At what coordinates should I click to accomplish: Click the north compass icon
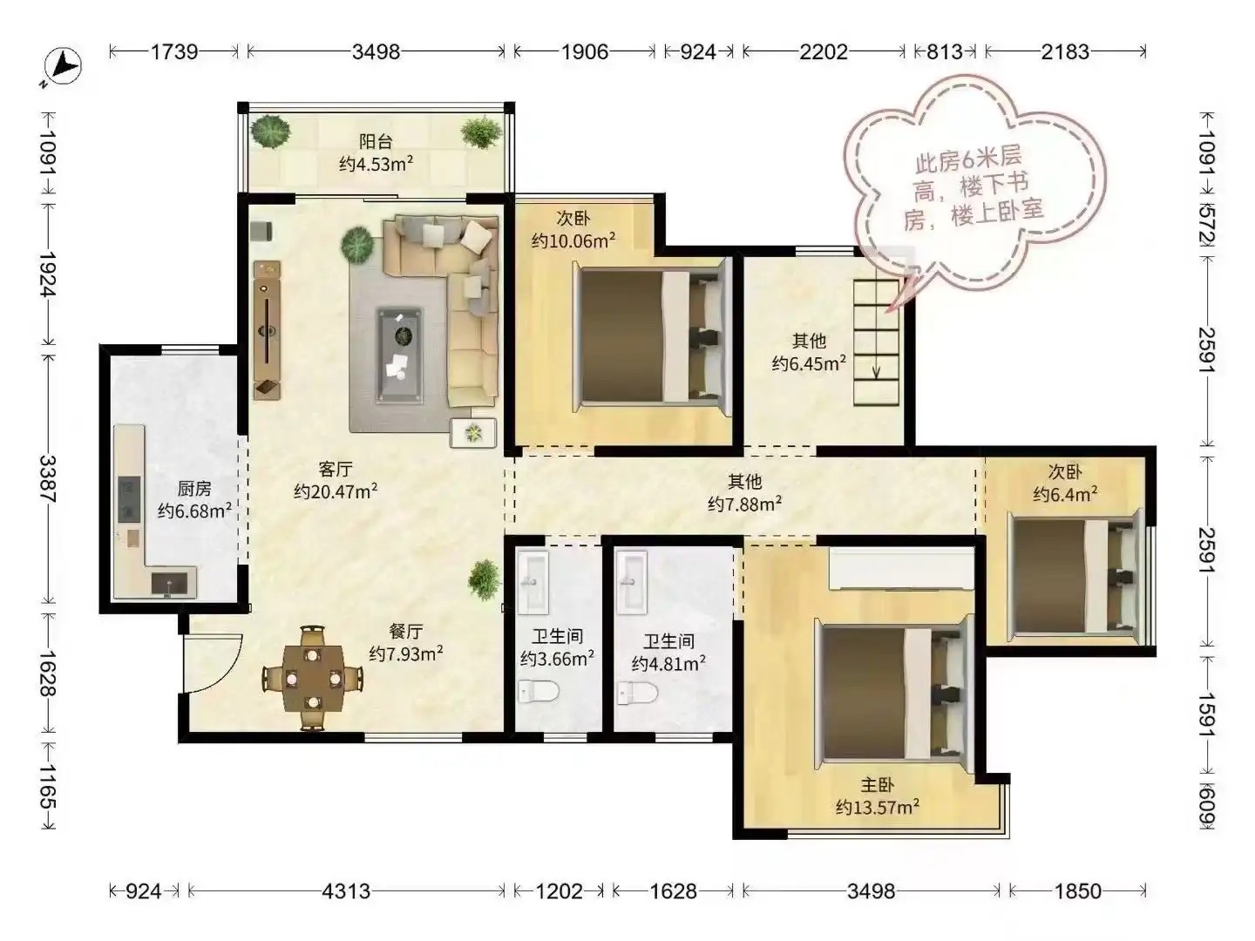tap(63, 66)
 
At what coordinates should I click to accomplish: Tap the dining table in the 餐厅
tap(312, 678)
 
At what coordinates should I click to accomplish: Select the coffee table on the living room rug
tap(399, 355)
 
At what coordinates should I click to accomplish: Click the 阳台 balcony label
tap(376, 142)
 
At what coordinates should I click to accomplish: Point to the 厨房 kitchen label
tap(193, 489)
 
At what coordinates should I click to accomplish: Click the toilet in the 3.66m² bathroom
tap(538, 692)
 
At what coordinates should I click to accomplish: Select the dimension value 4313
tap(346, 890)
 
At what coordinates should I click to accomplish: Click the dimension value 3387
tap(48, 479)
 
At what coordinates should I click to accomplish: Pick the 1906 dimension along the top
tap(584, 52)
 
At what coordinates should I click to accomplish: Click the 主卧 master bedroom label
tap(877, 785)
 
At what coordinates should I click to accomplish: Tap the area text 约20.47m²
tap(336, 491)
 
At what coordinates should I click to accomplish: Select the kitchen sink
tap(169, 585)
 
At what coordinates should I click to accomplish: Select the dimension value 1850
tap(1077, 890)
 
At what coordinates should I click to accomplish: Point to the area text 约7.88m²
tap(744, 504)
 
